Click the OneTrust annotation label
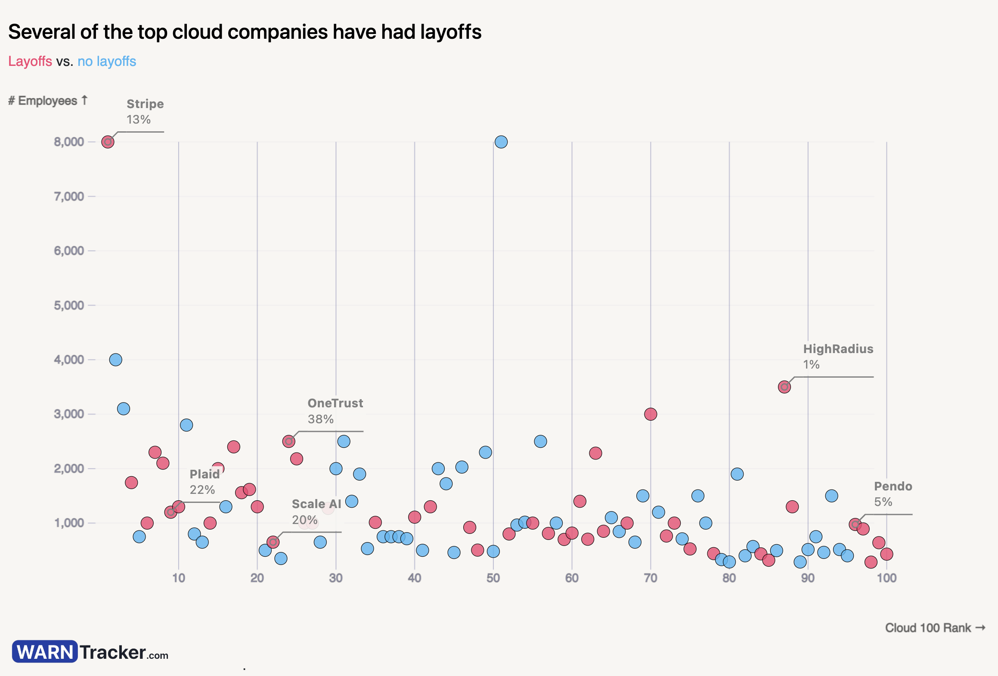[x=335, y=403]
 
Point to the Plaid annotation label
[x=205, y=474]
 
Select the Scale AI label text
[x=316, y=504]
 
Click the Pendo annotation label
[x=893, y=486]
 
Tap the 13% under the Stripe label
[x=138, y=120]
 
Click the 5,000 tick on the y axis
[x=68, y=305]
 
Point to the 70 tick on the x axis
[x=650, y=578]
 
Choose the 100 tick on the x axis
[x=886, y=578]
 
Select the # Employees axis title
[x=47, y=101]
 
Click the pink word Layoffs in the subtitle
[x=30, y=61]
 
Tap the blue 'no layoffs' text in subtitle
[x=107, y=61]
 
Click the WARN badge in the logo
[x=45, y=651]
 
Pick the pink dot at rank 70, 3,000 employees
[x=650, y=414]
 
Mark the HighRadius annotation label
[x=838, y=349]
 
